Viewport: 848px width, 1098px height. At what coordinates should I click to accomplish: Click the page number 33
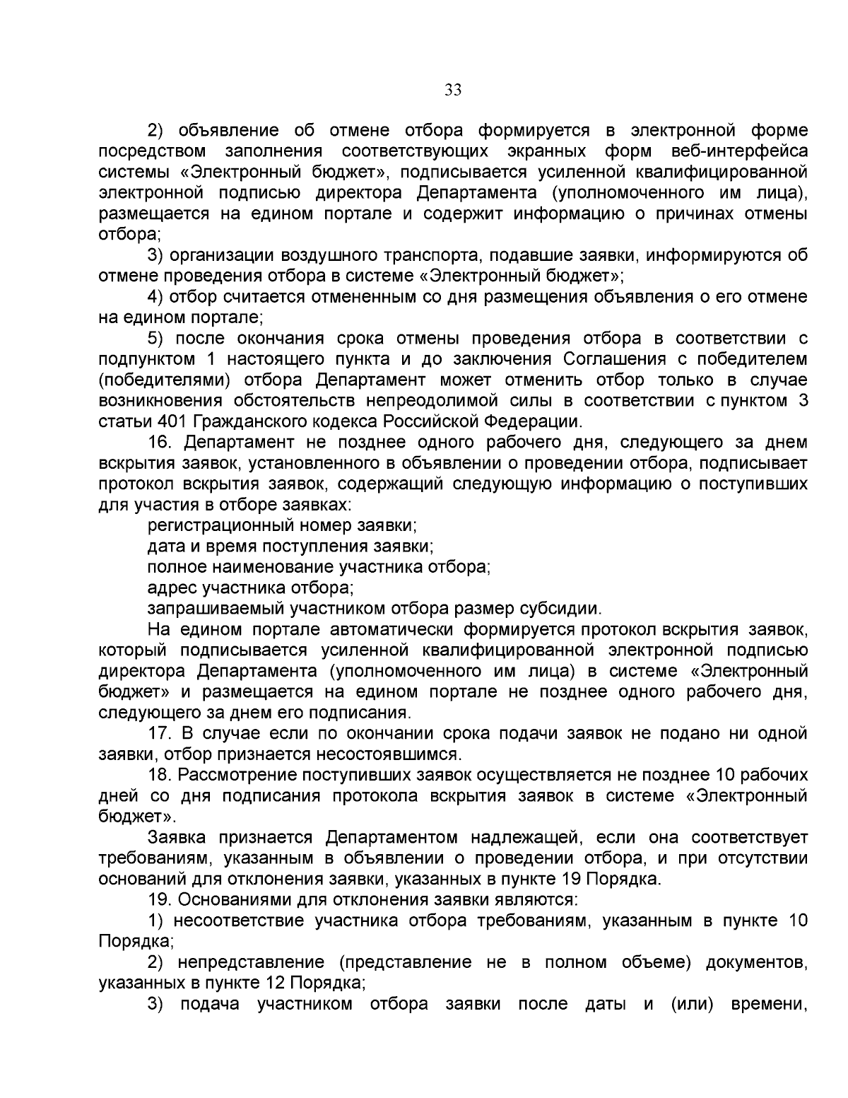[453, 90]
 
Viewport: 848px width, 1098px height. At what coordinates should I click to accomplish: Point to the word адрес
[172, 588]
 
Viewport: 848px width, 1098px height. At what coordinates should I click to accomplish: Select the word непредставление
[253, 962]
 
